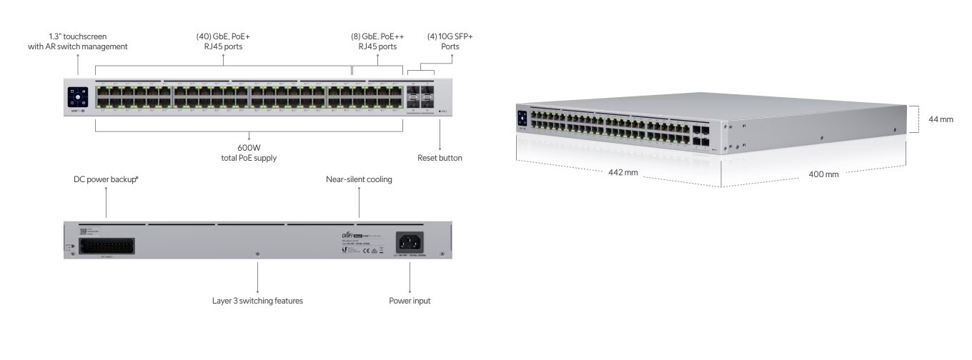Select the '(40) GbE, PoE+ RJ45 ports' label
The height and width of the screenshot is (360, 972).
[223, 41]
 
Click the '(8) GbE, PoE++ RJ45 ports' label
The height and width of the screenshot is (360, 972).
[377, 41]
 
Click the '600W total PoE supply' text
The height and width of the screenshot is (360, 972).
[249, 152]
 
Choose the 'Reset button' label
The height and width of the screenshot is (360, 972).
[440, 158]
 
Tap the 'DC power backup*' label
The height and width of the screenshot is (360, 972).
[106, 179]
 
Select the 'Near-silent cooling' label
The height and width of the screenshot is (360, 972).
[359, 179]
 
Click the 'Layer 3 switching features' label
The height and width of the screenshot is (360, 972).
[257, 301]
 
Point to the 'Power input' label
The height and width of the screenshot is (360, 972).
[410, 301]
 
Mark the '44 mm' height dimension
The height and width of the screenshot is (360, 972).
[941, 119]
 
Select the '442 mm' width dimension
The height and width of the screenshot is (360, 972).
[623, 172]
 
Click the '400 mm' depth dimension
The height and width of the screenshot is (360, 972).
[823, 174]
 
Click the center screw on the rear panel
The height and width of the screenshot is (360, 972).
[257, 254]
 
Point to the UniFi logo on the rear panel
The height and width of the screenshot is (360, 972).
[347, 235]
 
